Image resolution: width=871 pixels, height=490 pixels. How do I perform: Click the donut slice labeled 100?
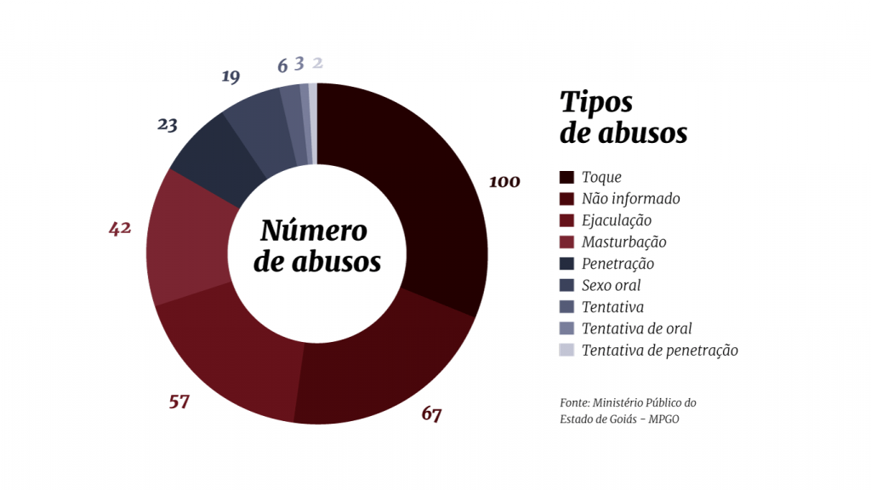click(425, 196)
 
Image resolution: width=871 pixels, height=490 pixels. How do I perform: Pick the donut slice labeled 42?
click(187, 238)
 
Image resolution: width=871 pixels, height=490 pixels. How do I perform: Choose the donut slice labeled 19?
click(255, 128)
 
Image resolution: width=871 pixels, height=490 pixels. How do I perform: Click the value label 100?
click(504, 181)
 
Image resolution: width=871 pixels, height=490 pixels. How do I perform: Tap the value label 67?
click(432, 414)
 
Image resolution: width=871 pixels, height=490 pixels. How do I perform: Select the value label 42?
click(120, 228)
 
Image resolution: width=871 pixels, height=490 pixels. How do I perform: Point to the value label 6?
click(282, 66)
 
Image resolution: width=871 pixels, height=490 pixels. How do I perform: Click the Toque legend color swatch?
click(566, 177)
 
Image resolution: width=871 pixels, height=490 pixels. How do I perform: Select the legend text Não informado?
click(630, 199)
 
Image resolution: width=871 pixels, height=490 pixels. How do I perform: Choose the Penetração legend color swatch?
click(566, 264)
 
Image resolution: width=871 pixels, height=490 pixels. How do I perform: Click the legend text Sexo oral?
click(611, 285)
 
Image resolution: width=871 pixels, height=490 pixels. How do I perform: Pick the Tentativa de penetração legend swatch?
click(566, 350)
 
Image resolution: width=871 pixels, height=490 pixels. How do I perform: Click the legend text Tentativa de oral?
click(636, 328)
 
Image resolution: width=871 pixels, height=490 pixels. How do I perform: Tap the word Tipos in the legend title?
click(596, 102)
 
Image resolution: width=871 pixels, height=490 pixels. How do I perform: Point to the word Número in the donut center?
click(313, 231)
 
